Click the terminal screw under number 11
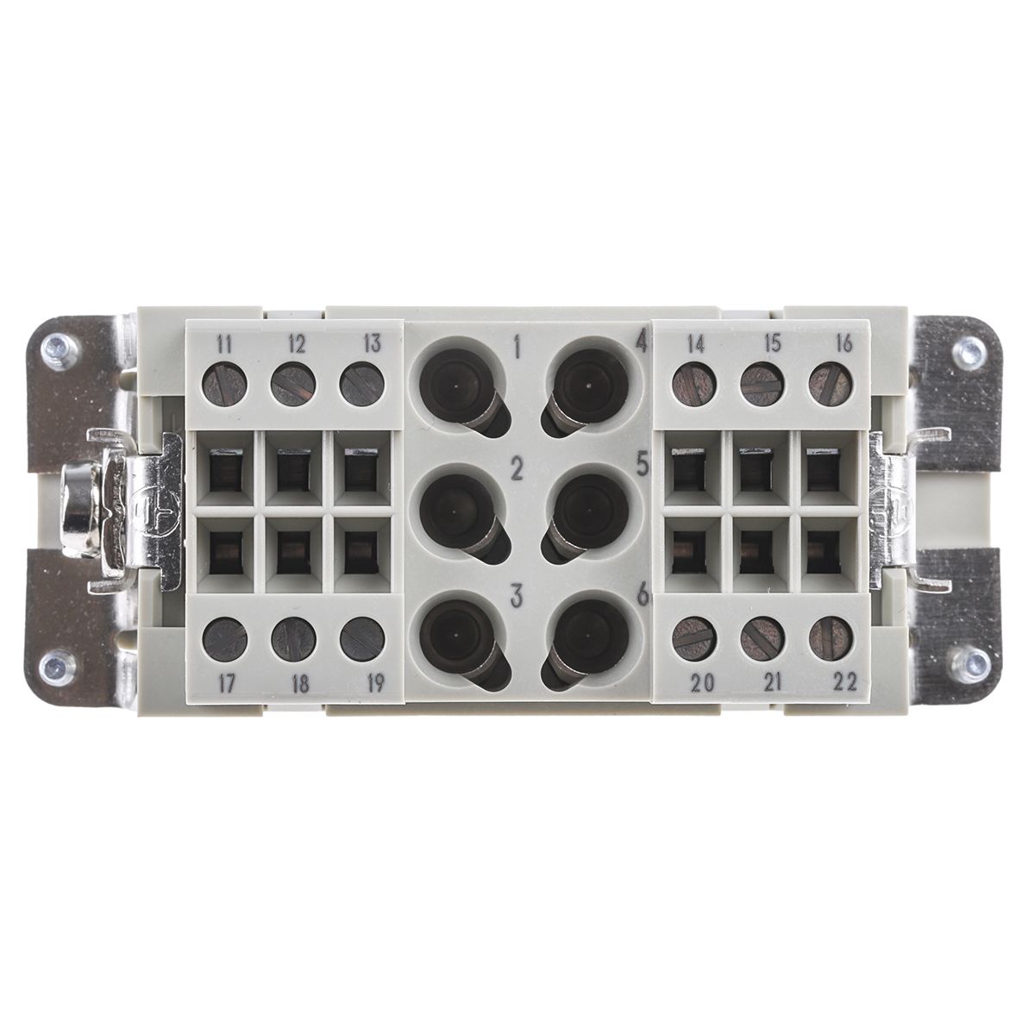[225, 384]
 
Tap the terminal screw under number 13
[362, 384]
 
